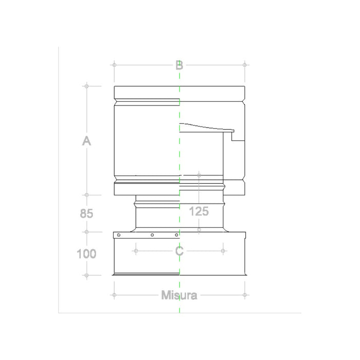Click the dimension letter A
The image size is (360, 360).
point(87,140)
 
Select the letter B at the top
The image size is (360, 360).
point(179,65)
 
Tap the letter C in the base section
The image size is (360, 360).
point(179,251)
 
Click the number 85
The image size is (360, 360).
point(87,213)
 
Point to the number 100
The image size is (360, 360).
point(87,254)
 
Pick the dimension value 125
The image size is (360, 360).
point(199,211)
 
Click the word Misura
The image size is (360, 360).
point(179,295)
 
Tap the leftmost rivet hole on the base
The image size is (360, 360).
point(119,236)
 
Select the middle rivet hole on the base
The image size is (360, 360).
point(152,236)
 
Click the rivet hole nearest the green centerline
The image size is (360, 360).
point(176,236)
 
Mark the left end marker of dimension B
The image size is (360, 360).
point(114,65)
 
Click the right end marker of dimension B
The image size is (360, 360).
point(245,65)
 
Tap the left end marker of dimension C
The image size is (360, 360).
point(136,251)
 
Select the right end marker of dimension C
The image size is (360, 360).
point(223,251)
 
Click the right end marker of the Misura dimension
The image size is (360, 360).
point(245,295)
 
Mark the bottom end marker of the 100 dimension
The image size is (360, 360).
point(87,276)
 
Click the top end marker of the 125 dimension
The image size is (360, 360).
point(199,175)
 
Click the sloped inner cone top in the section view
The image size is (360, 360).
point(203,126)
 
